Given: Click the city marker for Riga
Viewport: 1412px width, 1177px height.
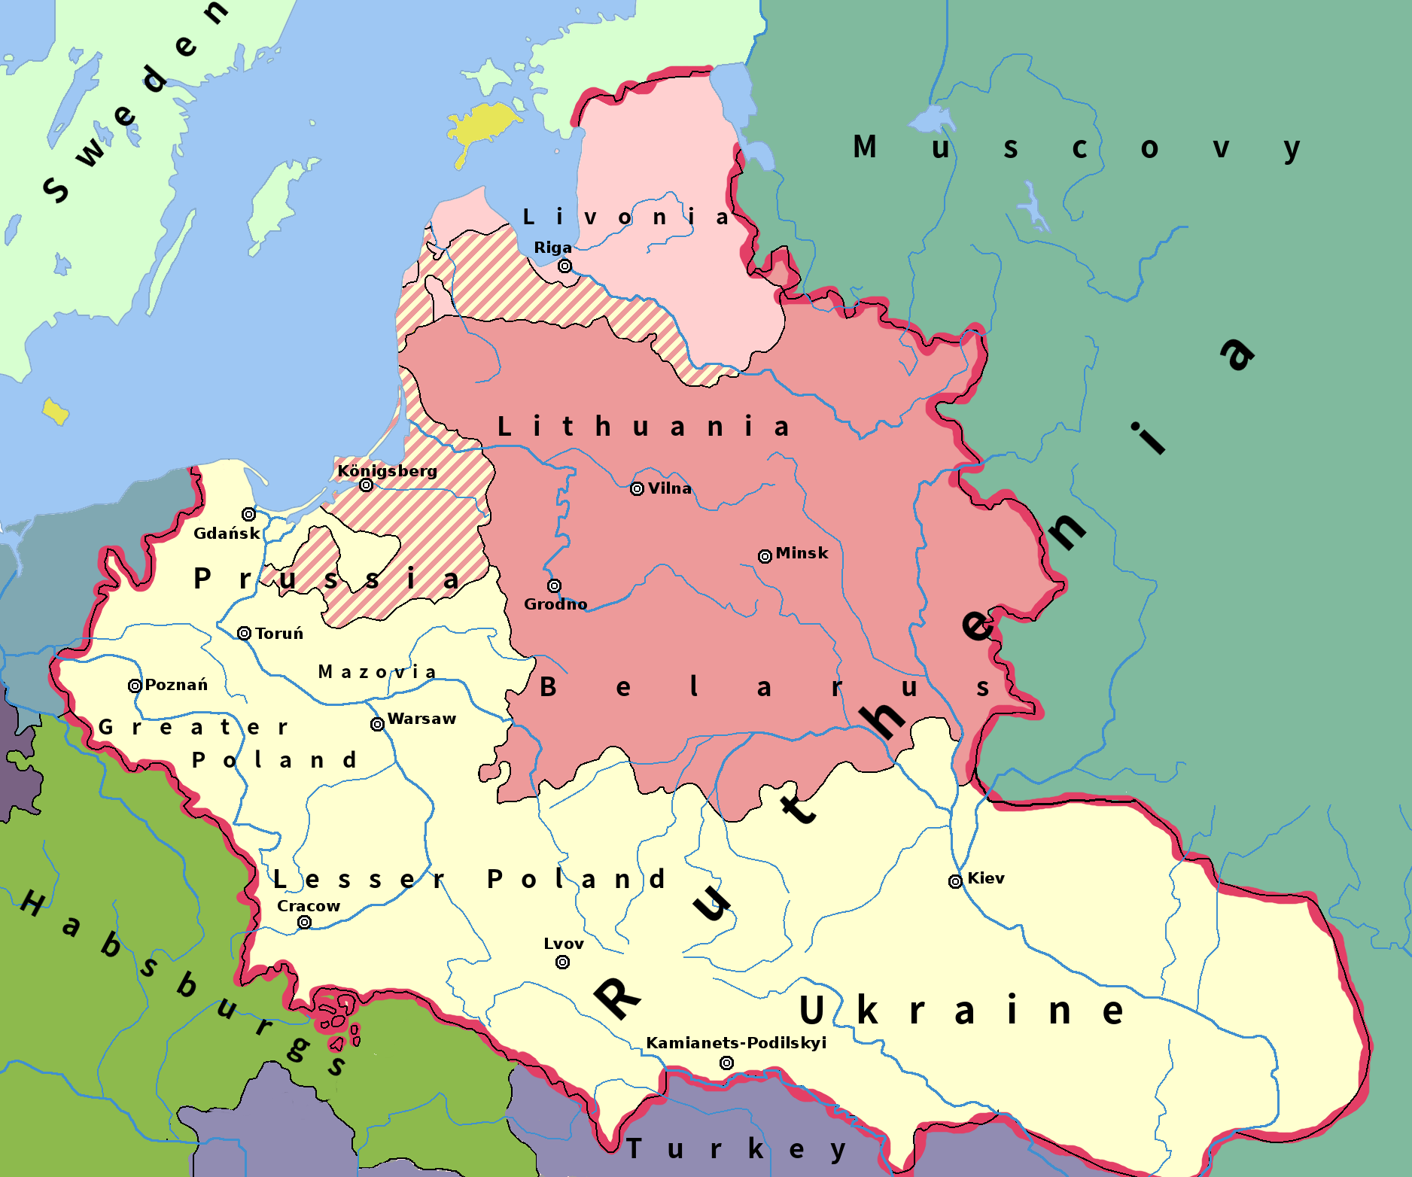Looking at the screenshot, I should click(x=564, y=266).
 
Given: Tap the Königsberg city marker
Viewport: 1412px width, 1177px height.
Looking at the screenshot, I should click(x=367, y=485).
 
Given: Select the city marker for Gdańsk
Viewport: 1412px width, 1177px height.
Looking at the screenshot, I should click(x=248, y=514).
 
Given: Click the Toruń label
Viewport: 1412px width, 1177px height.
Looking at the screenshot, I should click(x=279, y=634).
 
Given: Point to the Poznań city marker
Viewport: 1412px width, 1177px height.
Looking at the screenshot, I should click(x=135, y=686).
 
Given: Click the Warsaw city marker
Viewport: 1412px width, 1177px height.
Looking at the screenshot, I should click(x=377, y=724).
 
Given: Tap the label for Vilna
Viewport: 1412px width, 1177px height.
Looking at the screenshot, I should click(x=669, y=488).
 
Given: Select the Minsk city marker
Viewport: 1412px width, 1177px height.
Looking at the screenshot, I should click(x=765, y=556).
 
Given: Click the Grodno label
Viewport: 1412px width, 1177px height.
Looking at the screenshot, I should click(x=555, y=604).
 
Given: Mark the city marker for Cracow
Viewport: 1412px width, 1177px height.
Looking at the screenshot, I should click(x=304, y=922).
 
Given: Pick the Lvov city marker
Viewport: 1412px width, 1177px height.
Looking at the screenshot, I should click(x=562, y=962).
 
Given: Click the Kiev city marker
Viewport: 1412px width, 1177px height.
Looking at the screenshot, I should click(x=955, y=881).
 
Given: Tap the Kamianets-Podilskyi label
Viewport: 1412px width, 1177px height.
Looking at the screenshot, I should click(x=736, y=1043).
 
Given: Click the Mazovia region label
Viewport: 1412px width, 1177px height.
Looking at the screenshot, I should click(x=377, y=672).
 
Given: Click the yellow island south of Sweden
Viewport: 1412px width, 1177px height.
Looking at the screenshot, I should click(x=55, y=412).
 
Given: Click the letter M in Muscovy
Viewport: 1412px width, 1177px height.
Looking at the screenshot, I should click(x=865, y=148).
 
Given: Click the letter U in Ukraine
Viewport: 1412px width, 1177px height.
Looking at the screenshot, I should click(x=811, y=1010).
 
